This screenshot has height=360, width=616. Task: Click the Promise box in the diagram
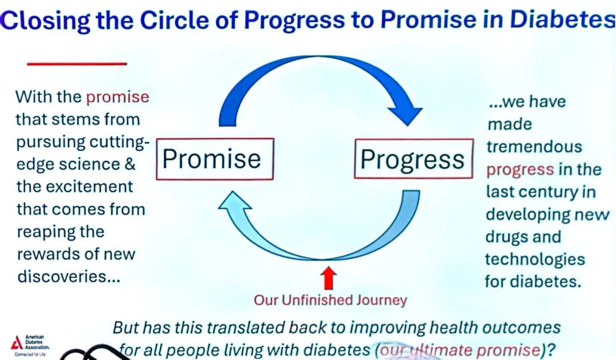[214, 159]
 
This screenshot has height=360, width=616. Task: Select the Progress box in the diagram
[414, 159]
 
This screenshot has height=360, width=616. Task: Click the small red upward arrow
[329, 277]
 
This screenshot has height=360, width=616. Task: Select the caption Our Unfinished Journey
[330, 300]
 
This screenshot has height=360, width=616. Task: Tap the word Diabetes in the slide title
[562, 19]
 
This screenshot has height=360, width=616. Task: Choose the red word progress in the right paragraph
[520, 170]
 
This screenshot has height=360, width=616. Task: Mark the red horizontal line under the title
[77, 63]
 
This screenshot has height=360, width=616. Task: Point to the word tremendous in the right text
[534, 147]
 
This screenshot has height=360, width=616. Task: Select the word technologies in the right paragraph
[535, 260]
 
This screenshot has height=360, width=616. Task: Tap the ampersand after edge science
[130, 164]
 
